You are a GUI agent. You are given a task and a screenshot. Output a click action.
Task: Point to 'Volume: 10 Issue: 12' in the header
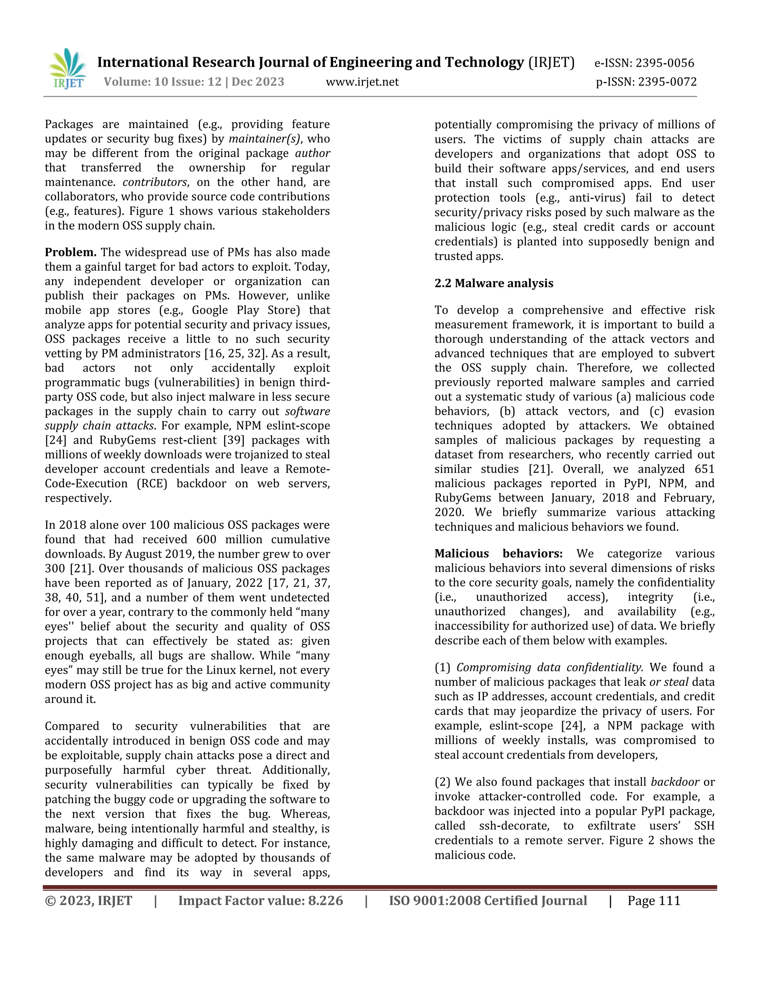[163, 82]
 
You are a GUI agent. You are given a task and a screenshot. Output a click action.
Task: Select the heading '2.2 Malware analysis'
[494, 283]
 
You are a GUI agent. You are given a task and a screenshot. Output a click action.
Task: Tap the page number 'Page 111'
[654, 901]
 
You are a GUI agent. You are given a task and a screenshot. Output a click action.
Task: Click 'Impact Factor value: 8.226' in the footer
[261, 901]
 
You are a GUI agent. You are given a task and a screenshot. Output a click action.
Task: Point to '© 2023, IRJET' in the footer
[89, 901]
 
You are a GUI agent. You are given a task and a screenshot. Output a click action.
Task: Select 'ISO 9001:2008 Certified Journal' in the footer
[488, 901]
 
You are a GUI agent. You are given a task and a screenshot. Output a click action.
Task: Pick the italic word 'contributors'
[155, 182]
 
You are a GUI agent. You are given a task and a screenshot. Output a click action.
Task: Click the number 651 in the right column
[704, 469]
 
